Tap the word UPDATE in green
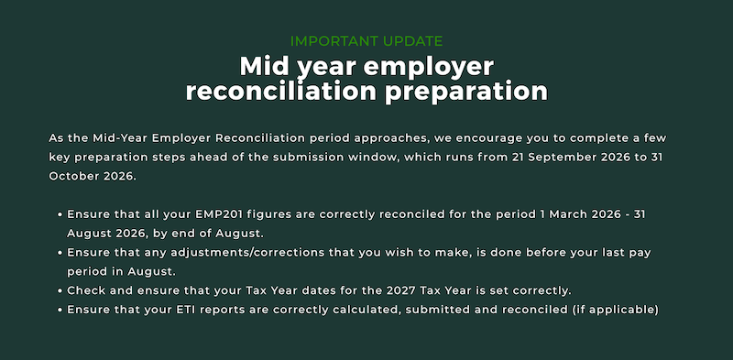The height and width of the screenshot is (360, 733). click(413, 41)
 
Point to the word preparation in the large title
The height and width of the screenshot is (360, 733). click(466, 93)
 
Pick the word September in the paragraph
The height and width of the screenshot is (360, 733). click(558, 158)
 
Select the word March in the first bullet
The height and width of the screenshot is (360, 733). click(568, 214)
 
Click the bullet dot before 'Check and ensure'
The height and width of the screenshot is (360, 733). click(60, 290)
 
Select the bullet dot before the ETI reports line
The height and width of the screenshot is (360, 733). click(60, 310)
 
